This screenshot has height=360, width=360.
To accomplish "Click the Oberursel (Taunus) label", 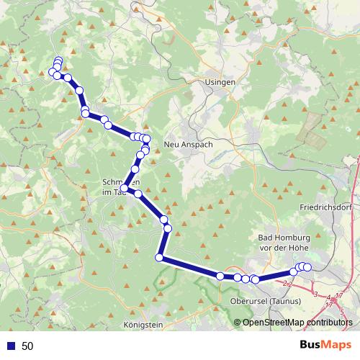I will [x=261, y=300].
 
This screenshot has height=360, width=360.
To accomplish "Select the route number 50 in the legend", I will [x=27, y=346].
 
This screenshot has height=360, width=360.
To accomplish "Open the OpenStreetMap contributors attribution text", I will [x=299, y=322].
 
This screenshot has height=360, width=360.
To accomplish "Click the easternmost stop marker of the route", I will [x=307, y=267].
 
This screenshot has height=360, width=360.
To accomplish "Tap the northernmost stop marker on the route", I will [x=58, y=60].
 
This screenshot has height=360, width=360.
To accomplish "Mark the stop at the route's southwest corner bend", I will [x=159, y=258].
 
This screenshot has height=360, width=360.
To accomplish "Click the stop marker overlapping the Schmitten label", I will [x=125, y=189].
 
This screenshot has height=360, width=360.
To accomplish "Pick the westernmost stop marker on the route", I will [x=52, y=72].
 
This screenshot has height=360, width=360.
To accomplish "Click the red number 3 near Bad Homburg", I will [x=315, y=294].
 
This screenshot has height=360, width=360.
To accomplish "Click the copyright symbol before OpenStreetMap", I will [x=238, y=322].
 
